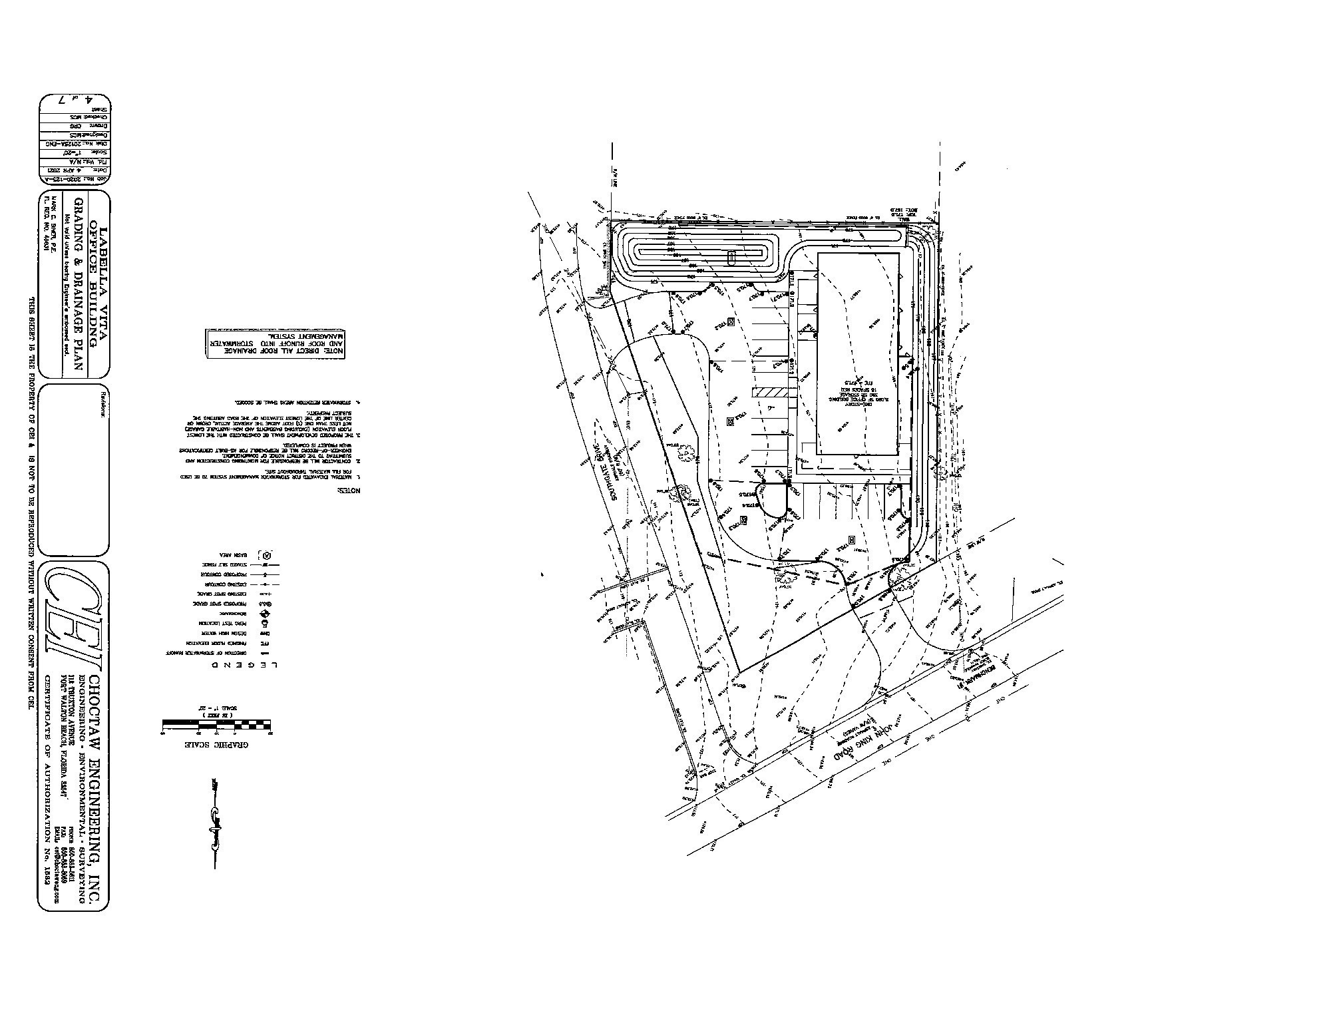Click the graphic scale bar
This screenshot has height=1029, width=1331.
click(216, 723)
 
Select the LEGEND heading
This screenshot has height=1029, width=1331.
click(244, 665)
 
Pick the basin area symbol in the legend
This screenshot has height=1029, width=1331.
click(267, 554)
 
